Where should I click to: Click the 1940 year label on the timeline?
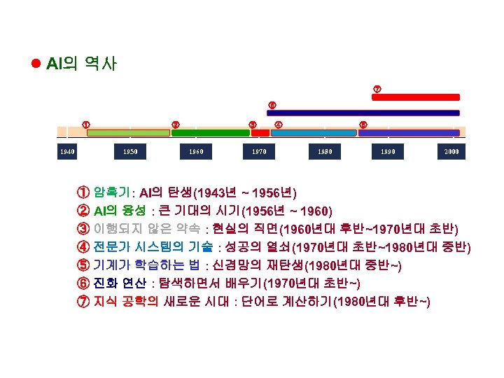pyautogui.click(x=69, y=151)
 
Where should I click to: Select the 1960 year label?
pyautogui.click(x=195, y=151)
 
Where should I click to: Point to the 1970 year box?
pyautogui.click(x=258, y=151)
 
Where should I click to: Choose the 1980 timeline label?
pyautogui.click(x=324, y=151)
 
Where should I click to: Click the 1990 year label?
pyautogui.click(x=389, y=151)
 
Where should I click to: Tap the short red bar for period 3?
pyautogui.click(x=260, y=132)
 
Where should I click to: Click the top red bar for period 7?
pyautogui.click(x=415, y=97)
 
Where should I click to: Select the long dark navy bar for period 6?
pyautogui.click(x=363, y=112)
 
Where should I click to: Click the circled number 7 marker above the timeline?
pyautogui.click(x=377, y=89)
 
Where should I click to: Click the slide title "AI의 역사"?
pyautogui.click(x=81, y=64)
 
